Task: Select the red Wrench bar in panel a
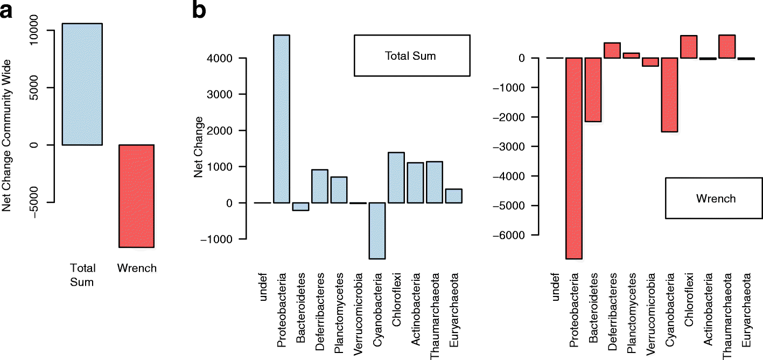coord(137,196)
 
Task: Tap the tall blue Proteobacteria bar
coord(282,119)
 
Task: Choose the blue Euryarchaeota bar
coord(453,196)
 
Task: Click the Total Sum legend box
coord(412,55)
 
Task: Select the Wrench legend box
coord(708,198)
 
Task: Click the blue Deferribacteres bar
coord(320,186)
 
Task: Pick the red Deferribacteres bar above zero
coord(613,50)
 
